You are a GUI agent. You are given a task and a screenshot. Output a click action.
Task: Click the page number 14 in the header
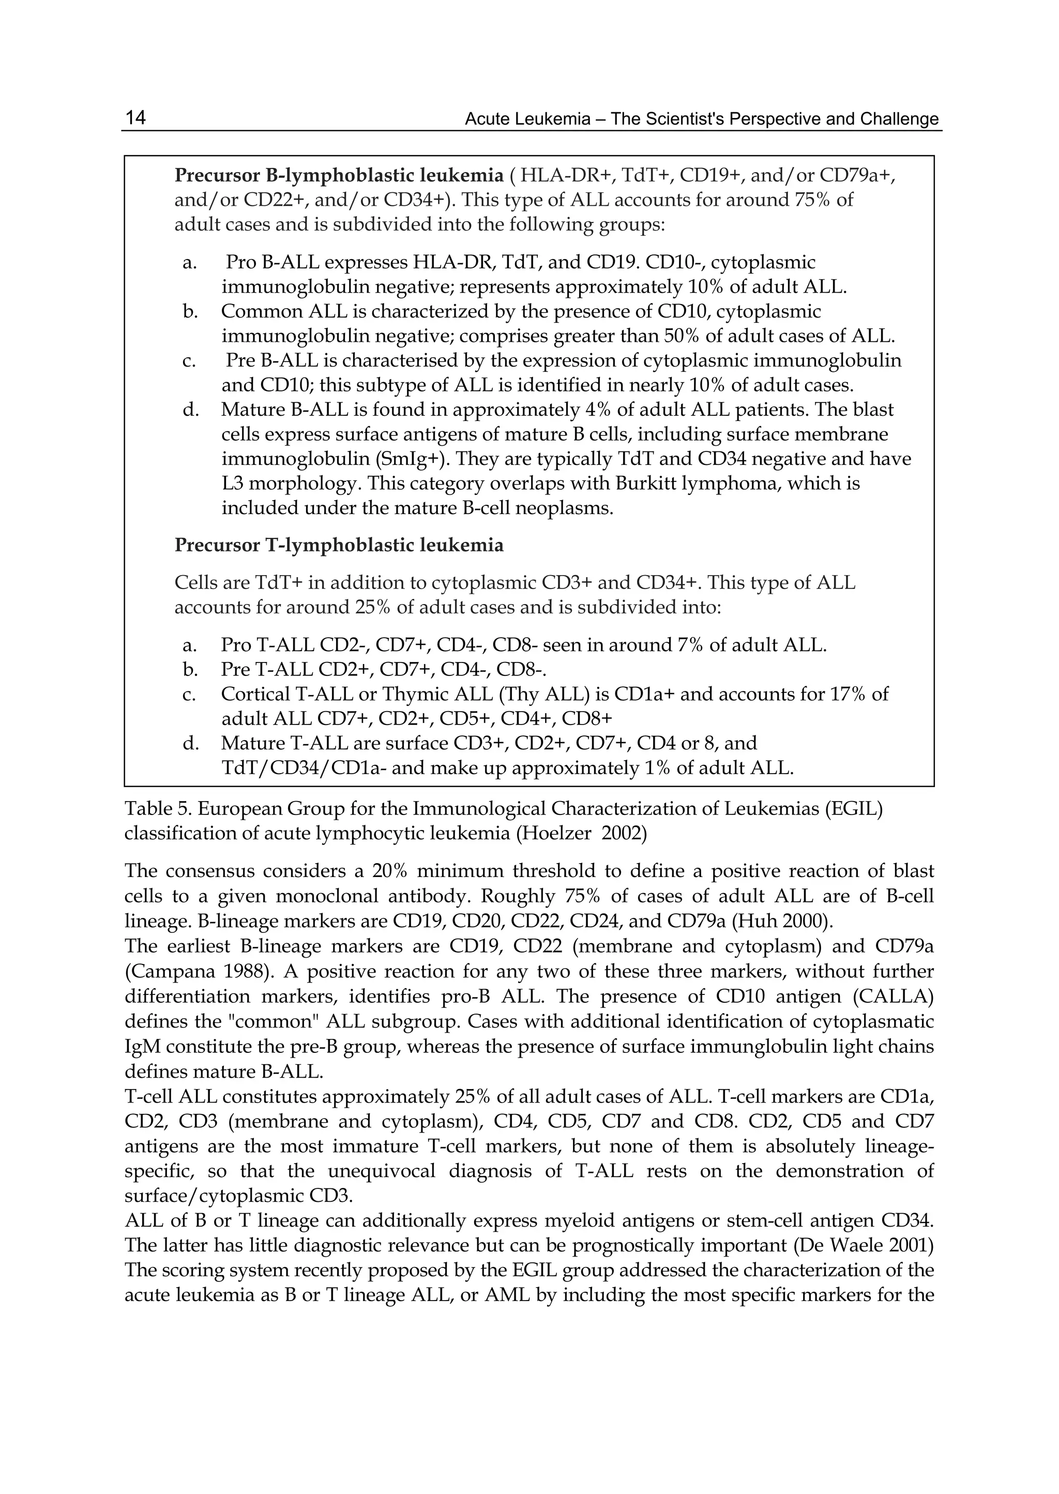(135, 117)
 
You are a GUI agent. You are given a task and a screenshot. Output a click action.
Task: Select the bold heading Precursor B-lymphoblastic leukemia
(339, 175)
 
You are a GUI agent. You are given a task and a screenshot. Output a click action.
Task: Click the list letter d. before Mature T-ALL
(190, 744)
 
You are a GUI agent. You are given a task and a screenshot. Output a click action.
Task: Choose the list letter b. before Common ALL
(190, 312)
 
